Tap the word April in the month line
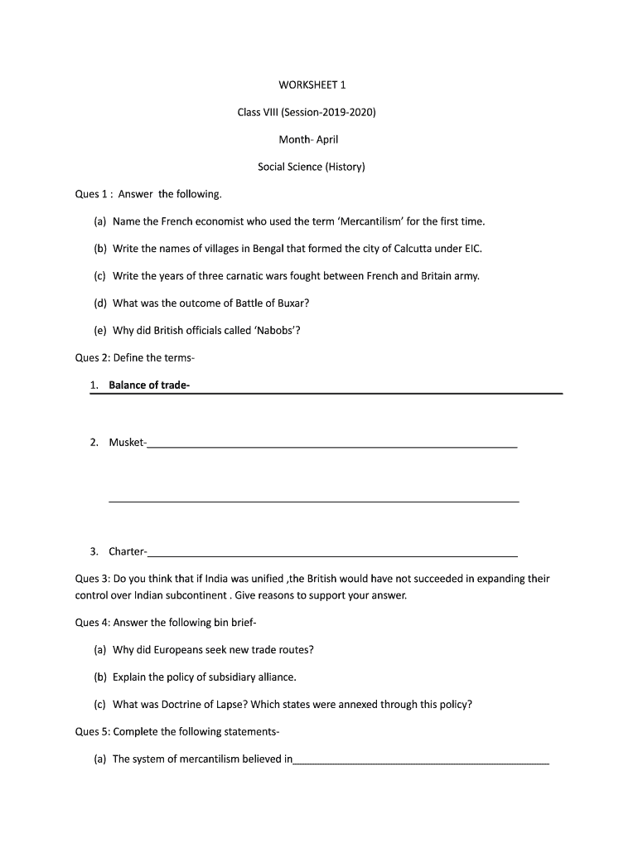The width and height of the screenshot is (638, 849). tap(327, 139)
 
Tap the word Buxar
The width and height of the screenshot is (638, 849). tap(289, 303)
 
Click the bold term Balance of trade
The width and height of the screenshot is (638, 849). tap(149, 385)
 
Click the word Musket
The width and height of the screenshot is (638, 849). tap(127, 442)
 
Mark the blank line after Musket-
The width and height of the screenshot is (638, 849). tap(332, 446)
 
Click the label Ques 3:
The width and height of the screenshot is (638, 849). tap(92, 579)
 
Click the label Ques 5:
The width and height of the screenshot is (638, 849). tap(92, 732)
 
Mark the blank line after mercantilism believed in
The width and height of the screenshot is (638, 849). tap(421, 762)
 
